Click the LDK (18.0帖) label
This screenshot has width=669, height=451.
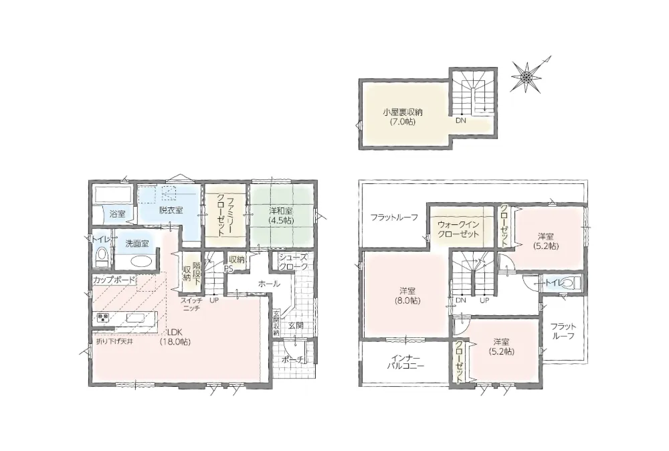175,337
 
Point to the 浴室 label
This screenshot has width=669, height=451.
117,213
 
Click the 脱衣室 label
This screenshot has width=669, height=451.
171,210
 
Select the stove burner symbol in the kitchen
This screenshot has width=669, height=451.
103,317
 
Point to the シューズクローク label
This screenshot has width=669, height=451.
293,262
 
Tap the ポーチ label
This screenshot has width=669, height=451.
293,360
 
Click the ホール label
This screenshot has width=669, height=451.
269,283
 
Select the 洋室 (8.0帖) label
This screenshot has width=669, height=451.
408,296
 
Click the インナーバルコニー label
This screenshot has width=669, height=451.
405,361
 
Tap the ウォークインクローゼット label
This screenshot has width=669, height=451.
458,229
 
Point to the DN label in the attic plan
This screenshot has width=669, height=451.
461,120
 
